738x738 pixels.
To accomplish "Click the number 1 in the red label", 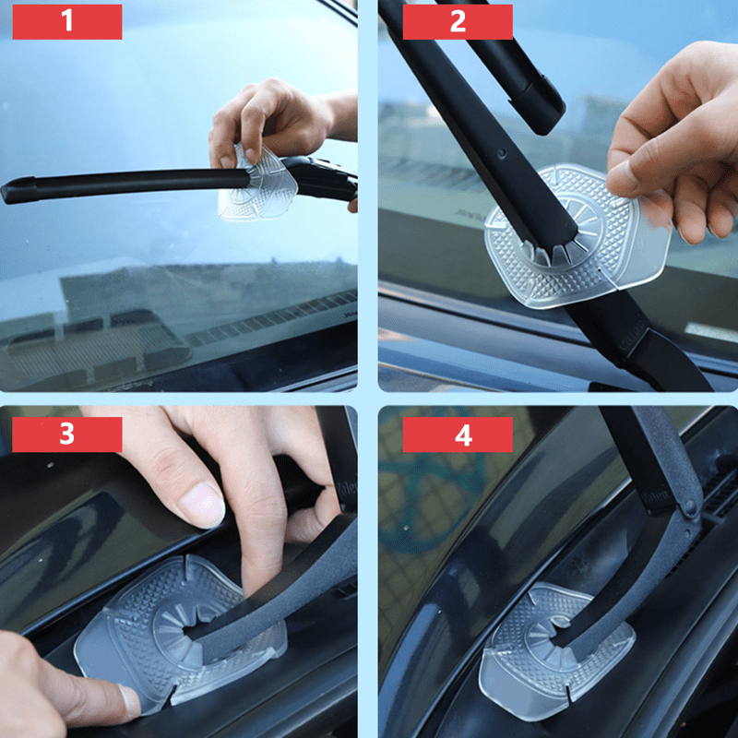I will click(66, 21).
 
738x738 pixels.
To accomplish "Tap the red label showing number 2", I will click(458, 21).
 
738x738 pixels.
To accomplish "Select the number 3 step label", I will click(66, 434).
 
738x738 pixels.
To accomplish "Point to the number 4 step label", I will click(458, 434).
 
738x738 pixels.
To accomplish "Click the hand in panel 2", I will click(673, 148).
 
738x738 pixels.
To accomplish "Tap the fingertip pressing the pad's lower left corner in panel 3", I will click(125, 701).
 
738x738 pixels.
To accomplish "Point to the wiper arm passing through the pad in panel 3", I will click(277, 600).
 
